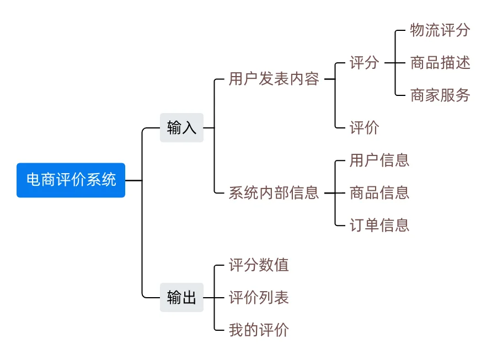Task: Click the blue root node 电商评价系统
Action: [71, 180]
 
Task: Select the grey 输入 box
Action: [181, 128]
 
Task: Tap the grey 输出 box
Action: [181, 298]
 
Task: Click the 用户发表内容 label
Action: [274, 79]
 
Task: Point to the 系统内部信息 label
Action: [274, 193]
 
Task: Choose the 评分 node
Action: [364, 63]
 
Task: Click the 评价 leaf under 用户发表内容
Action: [364, 128]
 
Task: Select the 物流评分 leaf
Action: [440, 30]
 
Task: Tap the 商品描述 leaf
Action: [440, 63]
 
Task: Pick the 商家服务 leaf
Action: [440, 95]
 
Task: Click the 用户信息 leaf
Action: [379, 160]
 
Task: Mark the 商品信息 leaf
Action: [379, 193]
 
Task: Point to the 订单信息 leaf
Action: [379, 225]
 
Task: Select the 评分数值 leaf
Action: [259, 265]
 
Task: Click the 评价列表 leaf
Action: [259, 298]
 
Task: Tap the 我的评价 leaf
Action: [259, 330]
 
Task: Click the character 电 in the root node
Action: [33, 180]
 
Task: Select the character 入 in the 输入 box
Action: [189, 128]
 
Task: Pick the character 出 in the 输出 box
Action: [189, 298]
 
